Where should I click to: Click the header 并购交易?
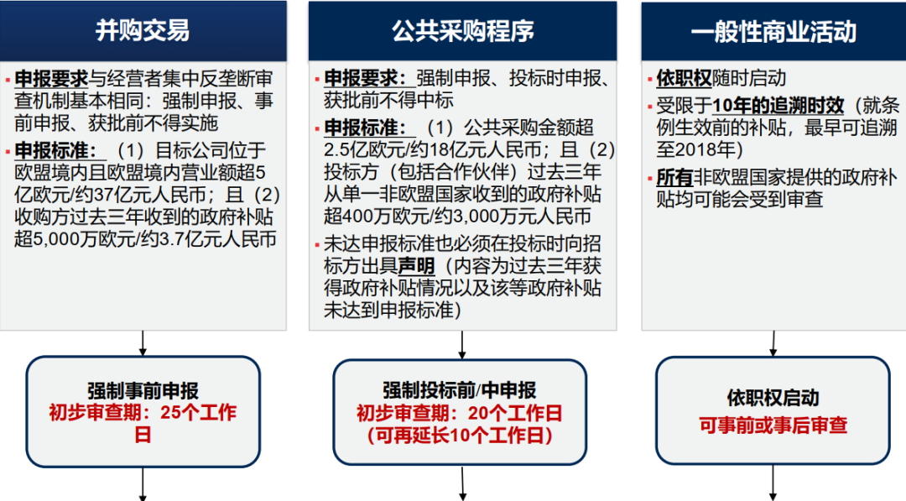click(143, 30)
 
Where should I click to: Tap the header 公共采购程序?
click(463, 31)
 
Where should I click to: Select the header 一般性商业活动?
click(773, 31)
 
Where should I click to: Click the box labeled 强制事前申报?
click(143, 411)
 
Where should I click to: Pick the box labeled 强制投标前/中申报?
click(460, 412)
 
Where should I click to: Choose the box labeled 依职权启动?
click(773, 410)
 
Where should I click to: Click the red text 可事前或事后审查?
click(773, 425)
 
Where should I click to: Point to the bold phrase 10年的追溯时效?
click(778, 105)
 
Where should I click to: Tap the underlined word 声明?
click(416, 265)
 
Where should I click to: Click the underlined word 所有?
click(674, 177)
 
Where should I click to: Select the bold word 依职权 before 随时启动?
click(684, 78)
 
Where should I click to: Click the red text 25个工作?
click(199, 412)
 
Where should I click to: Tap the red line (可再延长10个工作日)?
click(460, 435)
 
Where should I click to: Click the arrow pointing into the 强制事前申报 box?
click(143, 343)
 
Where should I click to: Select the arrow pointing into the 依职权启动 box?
click(773, 344)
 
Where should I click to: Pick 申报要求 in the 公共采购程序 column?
click(365, 78)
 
